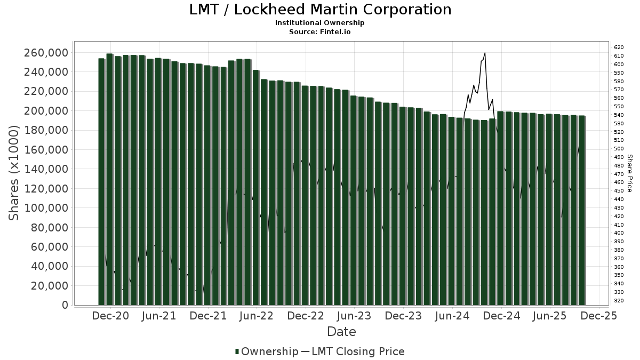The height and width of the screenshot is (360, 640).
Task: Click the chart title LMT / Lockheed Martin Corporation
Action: pos(320,10)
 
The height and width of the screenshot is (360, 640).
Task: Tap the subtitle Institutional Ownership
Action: pos(320,23)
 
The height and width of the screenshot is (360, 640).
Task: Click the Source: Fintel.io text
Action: pos(320,32)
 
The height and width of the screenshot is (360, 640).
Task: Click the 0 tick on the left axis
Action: pos(65,305)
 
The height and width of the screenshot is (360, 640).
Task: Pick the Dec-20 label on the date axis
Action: pos(111,316)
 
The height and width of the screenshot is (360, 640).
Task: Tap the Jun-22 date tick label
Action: pos(257,316)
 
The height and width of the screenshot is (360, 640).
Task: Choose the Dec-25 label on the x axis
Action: pos(598,316)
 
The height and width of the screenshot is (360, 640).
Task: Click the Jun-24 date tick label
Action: pos(452,316)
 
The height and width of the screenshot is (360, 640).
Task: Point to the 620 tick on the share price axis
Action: pos(619,47)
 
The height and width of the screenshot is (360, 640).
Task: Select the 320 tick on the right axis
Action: pos(619,301)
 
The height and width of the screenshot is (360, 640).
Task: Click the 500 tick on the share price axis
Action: pos(619,149)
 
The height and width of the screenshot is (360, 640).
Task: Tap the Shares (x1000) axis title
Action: pos(14,173)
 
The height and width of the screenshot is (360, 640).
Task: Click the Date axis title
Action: pos(341,332)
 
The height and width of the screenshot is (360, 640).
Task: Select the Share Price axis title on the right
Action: pos(630,173)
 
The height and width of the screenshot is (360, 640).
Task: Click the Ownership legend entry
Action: pos(267,351)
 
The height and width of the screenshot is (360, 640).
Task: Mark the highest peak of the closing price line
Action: pos(485,53)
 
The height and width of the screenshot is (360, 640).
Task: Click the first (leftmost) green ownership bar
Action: pos(101,181)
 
